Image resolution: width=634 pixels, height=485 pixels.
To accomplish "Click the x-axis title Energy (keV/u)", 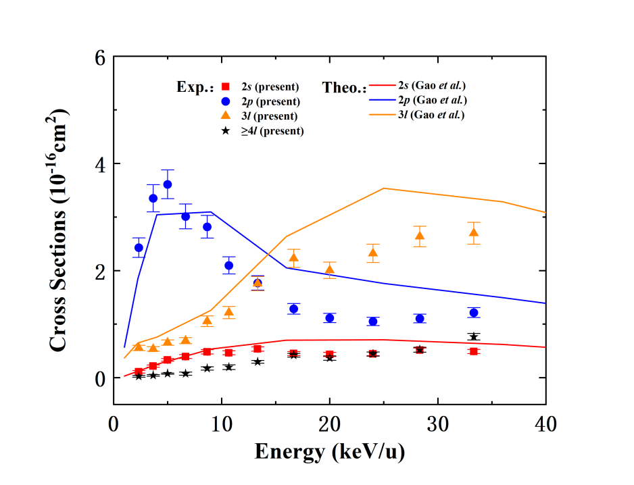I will click(x=329, y=451).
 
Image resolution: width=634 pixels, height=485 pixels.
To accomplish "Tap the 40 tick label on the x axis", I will click(x=545, y=426).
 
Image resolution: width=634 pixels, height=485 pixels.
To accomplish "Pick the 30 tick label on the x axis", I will click(x=438, y=426).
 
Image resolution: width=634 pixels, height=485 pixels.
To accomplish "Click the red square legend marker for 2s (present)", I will click(x=227, y=86).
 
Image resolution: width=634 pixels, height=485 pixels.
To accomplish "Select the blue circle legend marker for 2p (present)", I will click(x=227, y=101).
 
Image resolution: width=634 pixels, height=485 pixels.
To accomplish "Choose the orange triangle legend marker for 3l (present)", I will click(x=227, y=116).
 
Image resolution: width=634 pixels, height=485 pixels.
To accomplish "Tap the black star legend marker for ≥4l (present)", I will click(x=227, y=130).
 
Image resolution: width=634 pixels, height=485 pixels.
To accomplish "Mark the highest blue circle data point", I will click(x=168, y=184).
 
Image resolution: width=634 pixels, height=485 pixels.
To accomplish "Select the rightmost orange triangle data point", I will click(x=474, y=232).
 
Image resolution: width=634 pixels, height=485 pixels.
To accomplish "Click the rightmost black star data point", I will click(x=474, y=336).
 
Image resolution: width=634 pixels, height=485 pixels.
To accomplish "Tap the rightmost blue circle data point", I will click(x=474, y=313).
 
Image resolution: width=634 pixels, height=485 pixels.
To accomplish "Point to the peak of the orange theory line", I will click(x=383, y=188).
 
